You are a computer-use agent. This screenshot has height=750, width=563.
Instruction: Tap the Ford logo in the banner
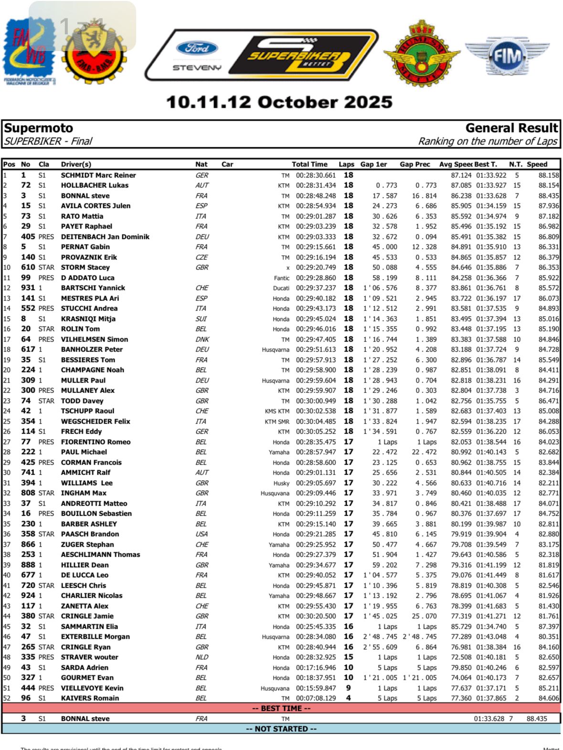pos(197,48)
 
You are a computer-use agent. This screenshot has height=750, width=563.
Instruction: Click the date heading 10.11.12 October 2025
pos(279,102)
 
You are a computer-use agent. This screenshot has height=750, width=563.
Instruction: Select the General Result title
pos(511,128)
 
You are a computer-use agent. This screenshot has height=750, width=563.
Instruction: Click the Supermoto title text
pos(39,128)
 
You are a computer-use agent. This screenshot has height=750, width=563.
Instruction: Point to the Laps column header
pos(346,164)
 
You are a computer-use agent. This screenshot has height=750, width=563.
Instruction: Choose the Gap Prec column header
pos(415,164)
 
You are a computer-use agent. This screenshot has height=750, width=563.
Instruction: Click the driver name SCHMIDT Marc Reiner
pos(98,175)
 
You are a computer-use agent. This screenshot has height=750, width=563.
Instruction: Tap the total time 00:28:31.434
pos(316,186)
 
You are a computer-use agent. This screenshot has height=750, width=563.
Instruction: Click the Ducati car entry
pos(281,288)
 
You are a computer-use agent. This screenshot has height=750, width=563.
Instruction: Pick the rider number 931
pos(28,288)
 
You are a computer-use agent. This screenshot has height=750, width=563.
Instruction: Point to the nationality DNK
pos(202,339)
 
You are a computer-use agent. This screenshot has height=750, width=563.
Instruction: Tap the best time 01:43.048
pos(490,637)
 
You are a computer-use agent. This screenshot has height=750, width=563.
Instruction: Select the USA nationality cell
pos(202,534)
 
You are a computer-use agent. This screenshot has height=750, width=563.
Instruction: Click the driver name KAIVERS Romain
pos(90,698)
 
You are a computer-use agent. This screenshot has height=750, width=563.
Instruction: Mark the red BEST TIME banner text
pos(281,708)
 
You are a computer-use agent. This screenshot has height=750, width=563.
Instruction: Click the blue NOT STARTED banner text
pos(281,729)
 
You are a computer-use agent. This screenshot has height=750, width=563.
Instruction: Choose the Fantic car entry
pos(281,278)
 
